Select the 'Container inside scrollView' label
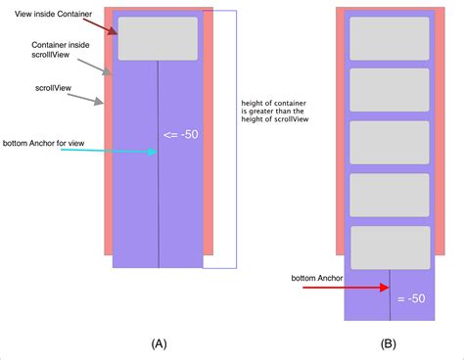(61, 51)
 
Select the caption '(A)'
(160, 344)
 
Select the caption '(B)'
(389, 344)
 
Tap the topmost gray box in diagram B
(389, 38)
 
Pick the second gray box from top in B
(389, 90)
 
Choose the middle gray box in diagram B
(389, 142)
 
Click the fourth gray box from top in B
(389, 195)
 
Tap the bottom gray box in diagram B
(389, 247)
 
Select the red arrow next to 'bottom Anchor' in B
(362, 289)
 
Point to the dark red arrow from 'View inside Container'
(102, 24)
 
